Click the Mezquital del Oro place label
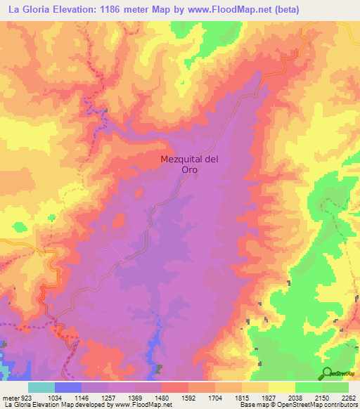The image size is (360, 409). pos(189,164)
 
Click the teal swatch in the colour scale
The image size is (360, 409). pos(41,387)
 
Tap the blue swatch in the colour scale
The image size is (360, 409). pos(67,387)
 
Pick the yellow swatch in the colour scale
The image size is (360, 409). pos(281,387)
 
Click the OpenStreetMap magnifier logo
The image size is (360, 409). pos(328,374)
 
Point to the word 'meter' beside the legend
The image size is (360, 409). pos(10,397)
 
